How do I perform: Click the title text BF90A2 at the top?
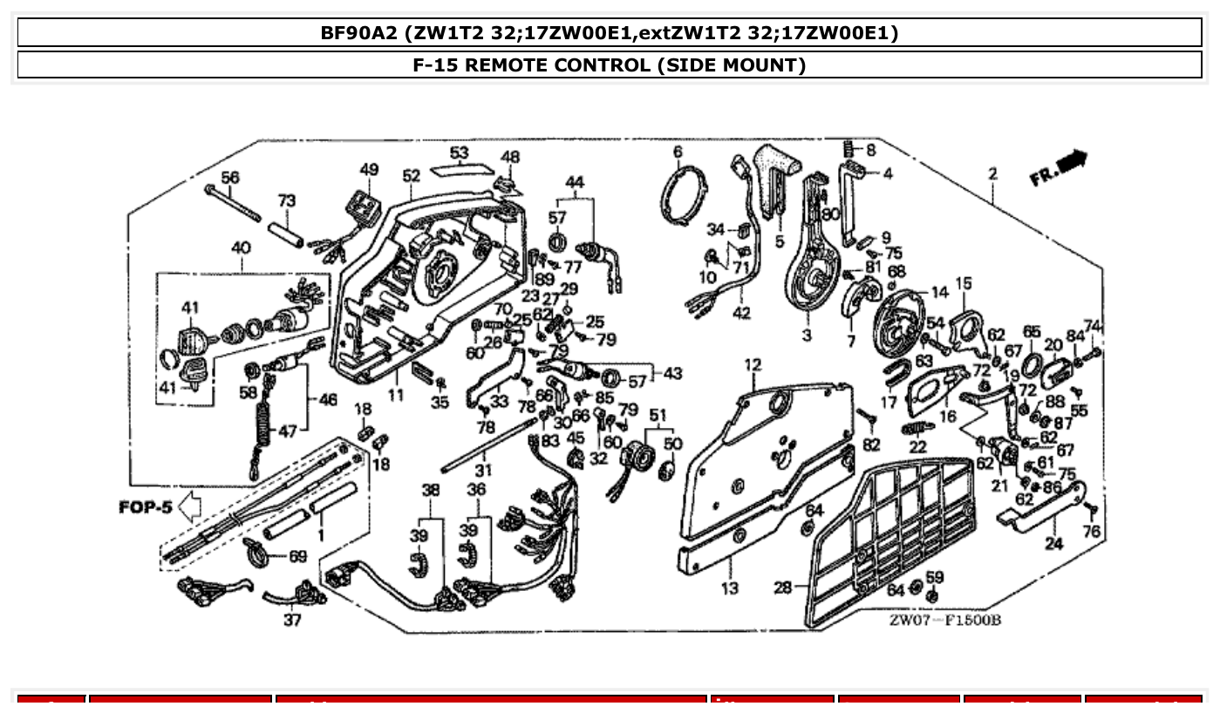(359, 33)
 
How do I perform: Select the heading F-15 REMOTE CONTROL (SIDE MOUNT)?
(609, 65)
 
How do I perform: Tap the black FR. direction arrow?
(1072, 163)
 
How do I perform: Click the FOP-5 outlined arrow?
(188, 506)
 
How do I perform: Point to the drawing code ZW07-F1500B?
(944, 620)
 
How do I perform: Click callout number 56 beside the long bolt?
(229, 177)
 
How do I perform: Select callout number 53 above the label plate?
(459, 153)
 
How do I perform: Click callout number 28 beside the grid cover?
(782, 587)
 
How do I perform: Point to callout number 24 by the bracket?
(1054, 544)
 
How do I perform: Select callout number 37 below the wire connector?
(292, 620)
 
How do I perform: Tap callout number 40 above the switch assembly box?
(242, 248)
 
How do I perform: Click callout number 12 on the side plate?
(752, 363)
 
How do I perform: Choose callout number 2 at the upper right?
(992, 173)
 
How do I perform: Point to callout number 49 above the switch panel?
(369, 169)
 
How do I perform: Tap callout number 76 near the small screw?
(1091, 530)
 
